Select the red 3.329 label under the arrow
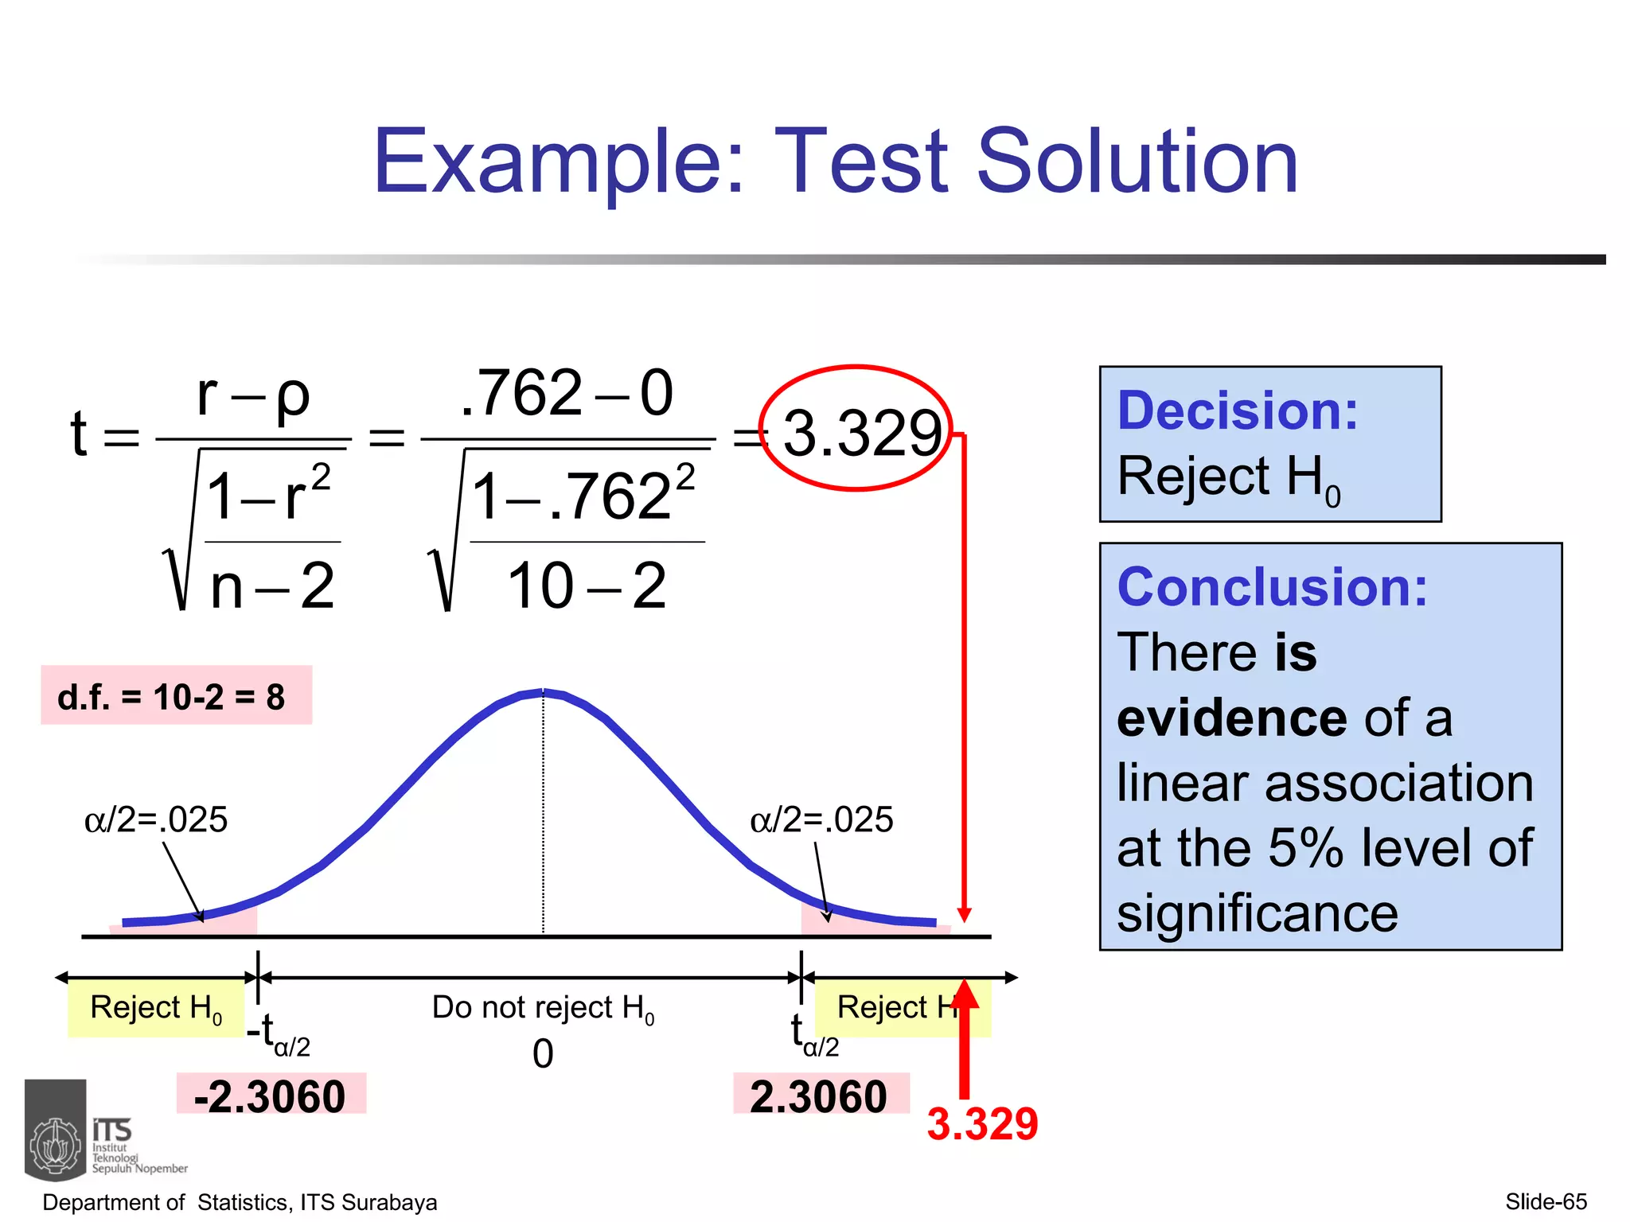pos(982,1123)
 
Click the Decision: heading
pos(1238,411)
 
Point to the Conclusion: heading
pos(1272,587)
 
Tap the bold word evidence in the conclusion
pos(1231,718)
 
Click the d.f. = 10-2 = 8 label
pos(172,697)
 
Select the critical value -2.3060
pos(270,1096)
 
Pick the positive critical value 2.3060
pos(818,1096)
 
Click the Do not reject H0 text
pos(543,1008)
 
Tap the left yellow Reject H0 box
pos(156,1008)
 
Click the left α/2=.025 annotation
pos(156,819)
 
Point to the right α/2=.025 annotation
pos(821,819)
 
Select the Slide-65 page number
pos(1546,1201)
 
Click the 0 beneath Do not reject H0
pos(543,1053)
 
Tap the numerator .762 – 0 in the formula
pos(567,393)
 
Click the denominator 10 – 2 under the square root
pos(587,586)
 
